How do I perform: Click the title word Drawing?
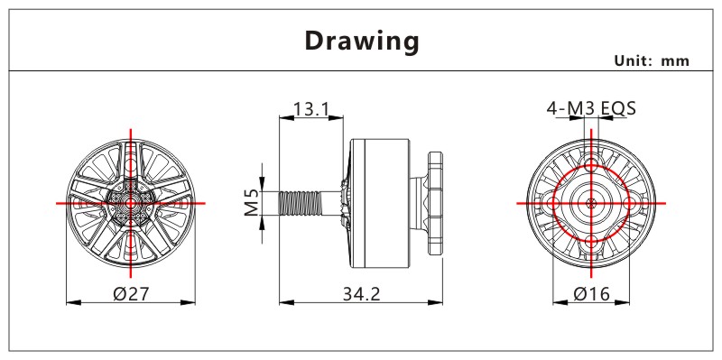click(x=362, y=42)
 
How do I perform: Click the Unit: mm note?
click(x=652, y=60)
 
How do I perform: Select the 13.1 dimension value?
click(x=311, y=109)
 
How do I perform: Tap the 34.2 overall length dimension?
click(x=362, y=294)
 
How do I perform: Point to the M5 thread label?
click(x=252, y=203)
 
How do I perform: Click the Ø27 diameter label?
click(x=131, y=294)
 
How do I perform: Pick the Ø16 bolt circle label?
click(x=592, y=294)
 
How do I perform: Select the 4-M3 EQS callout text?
click(x=591, y=108)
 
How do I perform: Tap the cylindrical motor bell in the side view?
click(x=379, y=203)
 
